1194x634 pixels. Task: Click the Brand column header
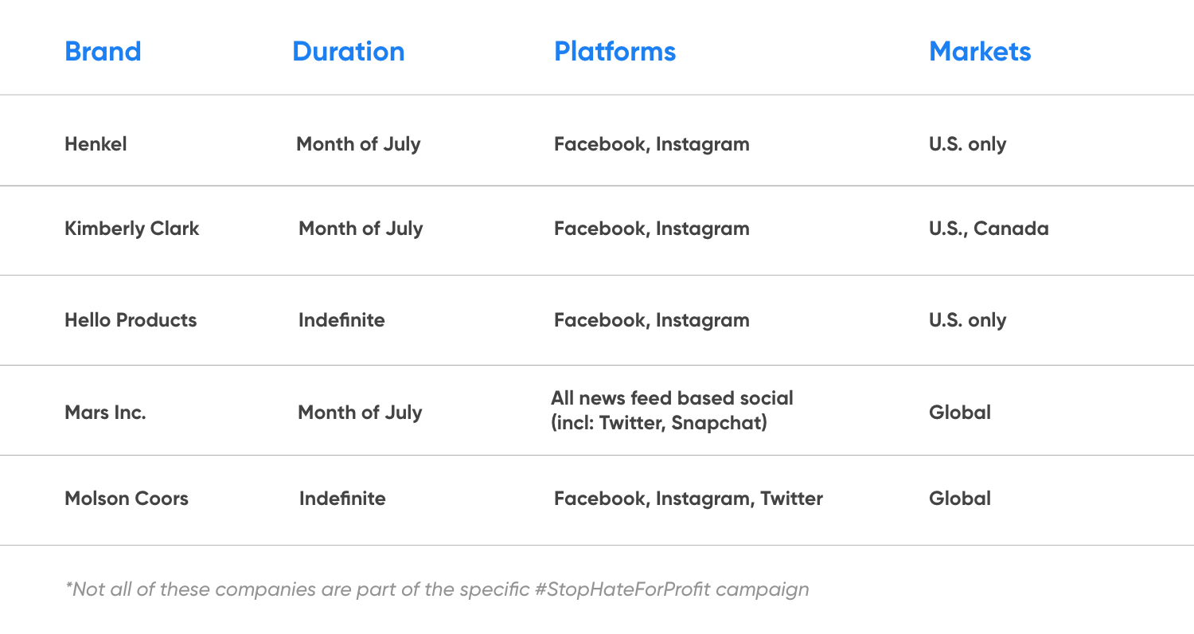[103, 52]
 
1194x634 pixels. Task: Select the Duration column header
[349, 52]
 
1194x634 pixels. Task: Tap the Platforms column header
[615, 52]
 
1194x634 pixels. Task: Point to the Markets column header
[980, 52]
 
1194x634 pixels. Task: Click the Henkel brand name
[96, 144]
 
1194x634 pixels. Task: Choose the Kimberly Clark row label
[131, 229]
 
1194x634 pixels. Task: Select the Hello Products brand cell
[131, 320]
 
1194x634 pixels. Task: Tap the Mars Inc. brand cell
[105, 413]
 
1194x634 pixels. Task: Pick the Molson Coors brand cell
[127, 499]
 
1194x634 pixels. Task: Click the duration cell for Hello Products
[341, 320]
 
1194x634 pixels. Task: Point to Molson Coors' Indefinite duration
[342, 499]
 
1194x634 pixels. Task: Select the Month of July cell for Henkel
[358, 144]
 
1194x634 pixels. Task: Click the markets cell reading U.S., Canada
[989, 229]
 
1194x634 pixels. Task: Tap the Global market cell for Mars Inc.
[960, 413]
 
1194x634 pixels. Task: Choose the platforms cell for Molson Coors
[689, 499]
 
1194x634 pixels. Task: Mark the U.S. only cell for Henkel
[967, 144]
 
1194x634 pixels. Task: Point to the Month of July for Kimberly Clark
[361, 229]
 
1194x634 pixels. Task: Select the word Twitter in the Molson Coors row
[791, 499]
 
